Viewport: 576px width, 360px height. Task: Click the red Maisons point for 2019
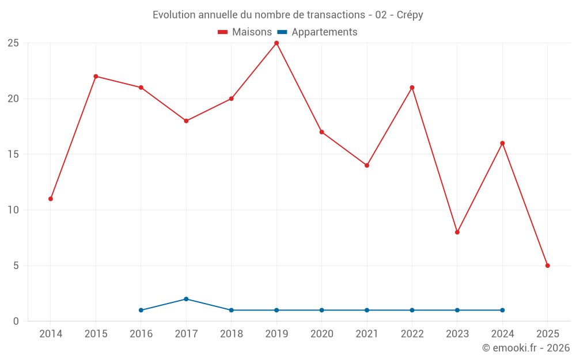[276, 43]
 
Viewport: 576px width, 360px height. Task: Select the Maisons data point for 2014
[51, 199]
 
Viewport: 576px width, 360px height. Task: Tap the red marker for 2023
[457, 232]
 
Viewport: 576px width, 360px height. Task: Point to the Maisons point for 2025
[548, 266]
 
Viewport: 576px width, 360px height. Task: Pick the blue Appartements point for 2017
[186, 299]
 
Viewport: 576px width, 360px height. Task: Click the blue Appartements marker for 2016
[141, 310]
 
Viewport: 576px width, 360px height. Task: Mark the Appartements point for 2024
[502, 310]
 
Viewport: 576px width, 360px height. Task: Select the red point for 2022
[412, 88]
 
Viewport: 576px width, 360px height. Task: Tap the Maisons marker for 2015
[96, 77]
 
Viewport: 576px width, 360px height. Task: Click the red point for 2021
[367, 165]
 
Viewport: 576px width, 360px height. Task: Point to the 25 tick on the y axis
[13, 43]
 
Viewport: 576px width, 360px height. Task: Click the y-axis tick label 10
[13, 210]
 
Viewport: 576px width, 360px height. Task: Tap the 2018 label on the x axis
[232, 334]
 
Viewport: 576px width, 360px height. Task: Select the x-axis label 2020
[321, 334]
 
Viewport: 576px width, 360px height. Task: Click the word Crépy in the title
[410, 15]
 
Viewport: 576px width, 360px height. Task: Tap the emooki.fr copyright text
[525, 348]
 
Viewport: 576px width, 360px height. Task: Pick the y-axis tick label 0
[16, 321]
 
